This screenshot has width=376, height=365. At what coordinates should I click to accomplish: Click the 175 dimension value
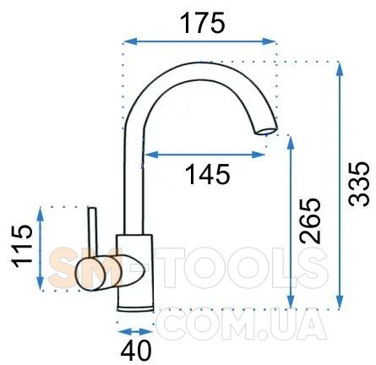tap(202, 23)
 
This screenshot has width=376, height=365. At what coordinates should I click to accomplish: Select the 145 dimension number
tap(207, 174)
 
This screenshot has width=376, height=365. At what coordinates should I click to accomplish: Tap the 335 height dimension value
tap(358, 184)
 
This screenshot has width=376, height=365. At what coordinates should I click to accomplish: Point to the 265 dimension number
tap(310, 221)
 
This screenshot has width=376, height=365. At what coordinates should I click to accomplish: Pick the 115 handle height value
tap(22, 246)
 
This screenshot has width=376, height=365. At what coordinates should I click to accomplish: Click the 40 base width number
tap(136, 351)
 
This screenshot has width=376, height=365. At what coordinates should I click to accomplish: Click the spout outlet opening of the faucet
tap(266, 131)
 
